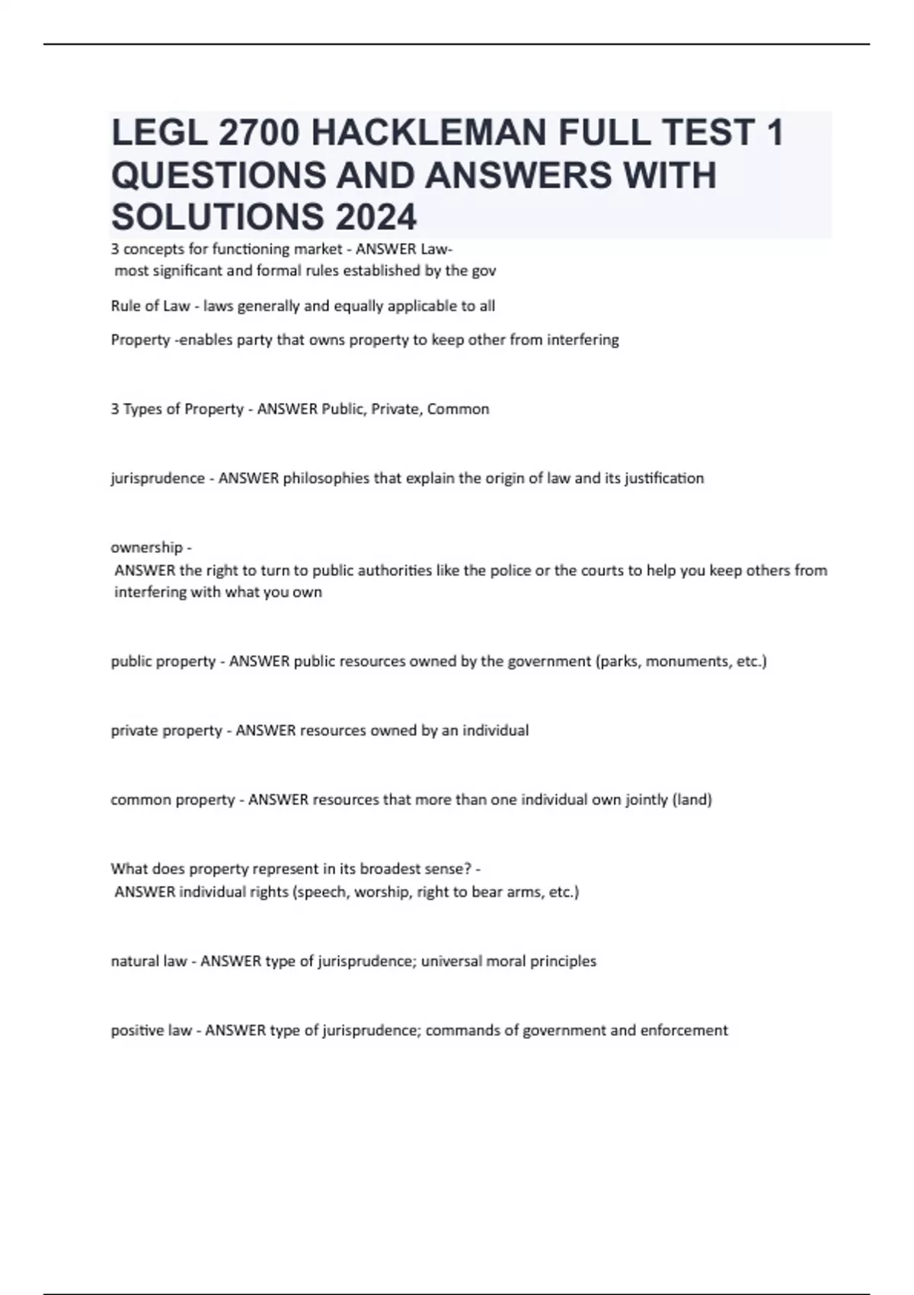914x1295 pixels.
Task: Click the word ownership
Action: coord(147,548)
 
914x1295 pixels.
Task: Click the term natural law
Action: coord(149,961)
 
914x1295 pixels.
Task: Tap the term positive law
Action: coord(151,1031)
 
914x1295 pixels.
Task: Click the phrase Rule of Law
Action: coord(150,306)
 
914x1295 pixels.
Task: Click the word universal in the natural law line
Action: coord(452,961)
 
